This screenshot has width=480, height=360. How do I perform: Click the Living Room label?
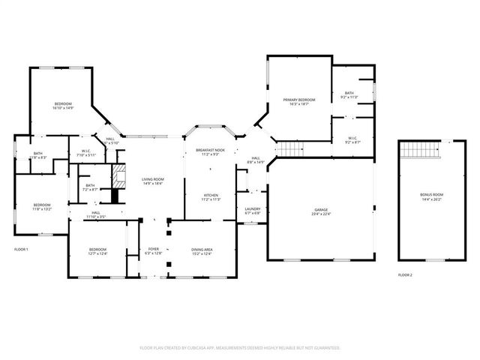pos(153,179)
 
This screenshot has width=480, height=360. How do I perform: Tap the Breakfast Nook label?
pos(211,151)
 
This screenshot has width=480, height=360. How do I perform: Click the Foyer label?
pos(153,249)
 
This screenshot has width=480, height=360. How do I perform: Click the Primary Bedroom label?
pos(298,100)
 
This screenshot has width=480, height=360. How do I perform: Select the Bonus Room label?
pos(431,195)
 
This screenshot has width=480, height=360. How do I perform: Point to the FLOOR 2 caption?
pos(405,275)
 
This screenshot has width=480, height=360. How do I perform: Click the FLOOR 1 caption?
pos(21,249)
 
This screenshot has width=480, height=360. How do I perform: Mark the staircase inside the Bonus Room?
pos(417,150)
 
